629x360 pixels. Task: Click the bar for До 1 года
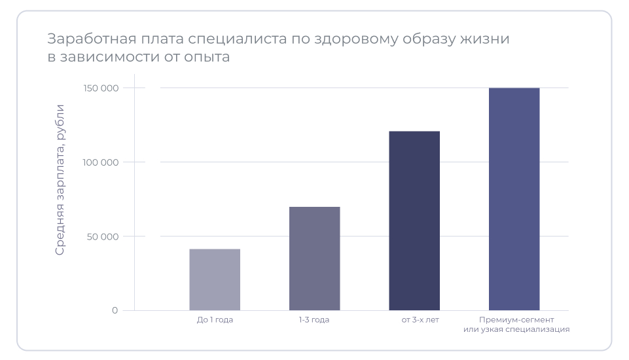215,279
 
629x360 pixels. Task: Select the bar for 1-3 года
314,258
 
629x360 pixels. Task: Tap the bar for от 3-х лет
414,221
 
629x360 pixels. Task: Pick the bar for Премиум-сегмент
514,199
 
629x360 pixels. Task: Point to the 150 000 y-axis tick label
101,88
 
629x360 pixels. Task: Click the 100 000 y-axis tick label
101,162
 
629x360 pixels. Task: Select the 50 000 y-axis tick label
103,236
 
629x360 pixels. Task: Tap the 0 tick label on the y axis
115,310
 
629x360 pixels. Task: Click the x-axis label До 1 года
215,320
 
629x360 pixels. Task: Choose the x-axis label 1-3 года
314,320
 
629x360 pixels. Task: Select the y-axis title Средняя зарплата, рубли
60,179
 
